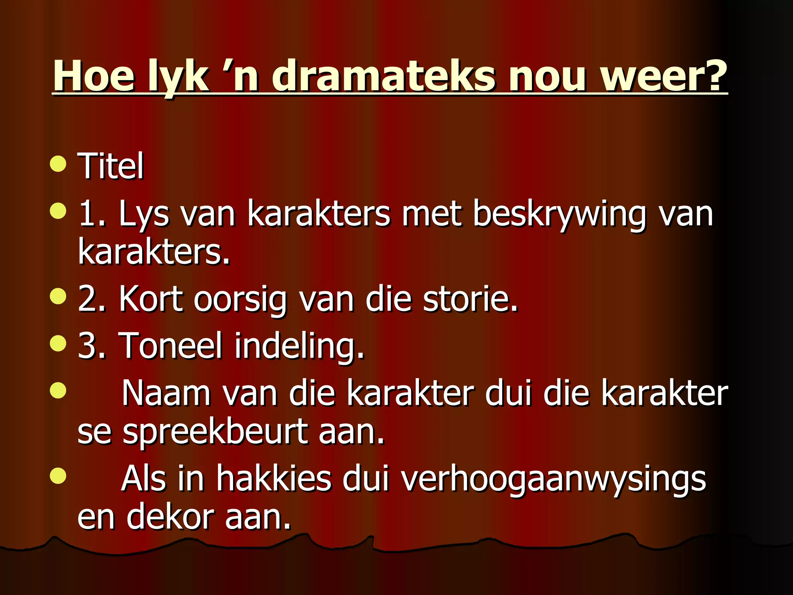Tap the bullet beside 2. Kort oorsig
click(x=58, y=296)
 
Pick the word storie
click(x=470, y=299)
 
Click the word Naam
click(x=166, y=394)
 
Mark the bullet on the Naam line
click(x=58, y=390)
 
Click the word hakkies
click(x=273, y=479)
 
